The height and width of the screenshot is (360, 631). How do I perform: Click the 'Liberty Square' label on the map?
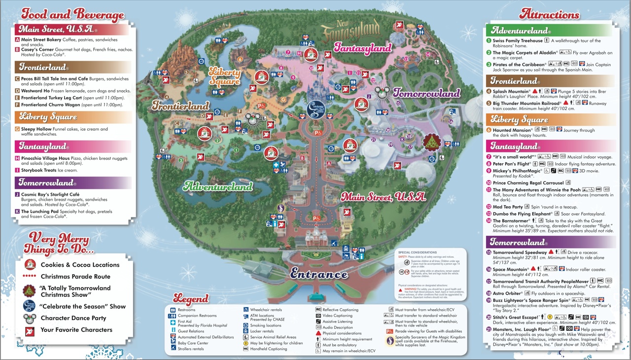(225, 76)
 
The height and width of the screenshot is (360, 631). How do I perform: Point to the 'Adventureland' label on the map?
(217, 186)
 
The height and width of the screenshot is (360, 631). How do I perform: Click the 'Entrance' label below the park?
(318, 274)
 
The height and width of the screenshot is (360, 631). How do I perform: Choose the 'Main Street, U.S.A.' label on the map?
(383, 197)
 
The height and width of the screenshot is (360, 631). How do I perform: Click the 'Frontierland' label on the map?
(180, 105)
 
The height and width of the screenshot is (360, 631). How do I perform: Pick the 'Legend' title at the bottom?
(197, 298)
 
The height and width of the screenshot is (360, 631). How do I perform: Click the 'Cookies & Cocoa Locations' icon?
(31, 265)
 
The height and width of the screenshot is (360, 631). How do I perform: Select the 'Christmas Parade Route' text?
(75, 277)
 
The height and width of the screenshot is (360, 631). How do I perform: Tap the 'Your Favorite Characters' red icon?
(31, 330)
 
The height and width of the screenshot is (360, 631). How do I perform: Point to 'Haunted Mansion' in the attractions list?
(510, 130)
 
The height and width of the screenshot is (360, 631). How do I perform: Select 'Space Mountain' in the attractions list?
(511, 269)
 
